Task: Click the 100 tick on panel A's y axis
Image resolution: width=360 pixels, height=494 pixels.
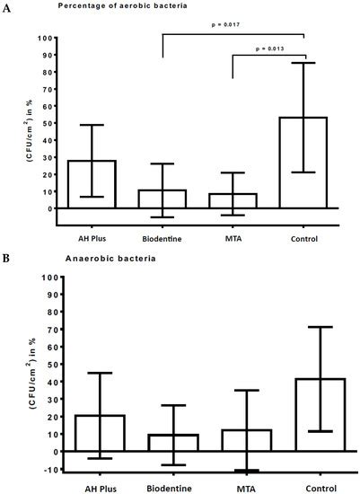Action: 58,39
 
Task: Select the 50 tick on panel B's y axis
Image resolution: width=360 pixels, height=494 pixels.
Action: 59,364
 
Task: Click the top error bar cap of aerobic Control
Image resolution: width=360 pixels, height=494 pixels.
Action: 304,63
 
